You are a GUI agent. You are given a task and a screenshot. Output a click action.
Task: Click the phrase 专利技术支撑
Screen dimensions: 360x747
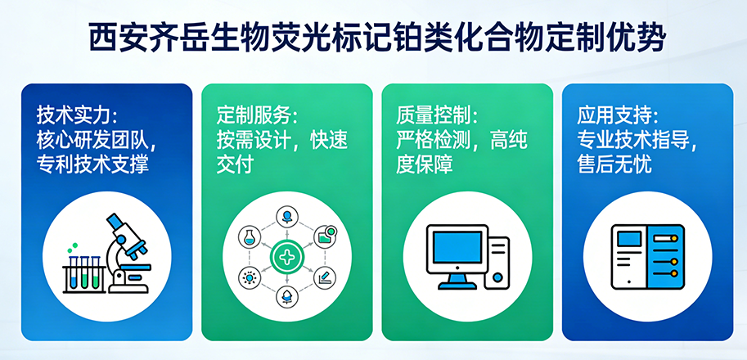point(92,164)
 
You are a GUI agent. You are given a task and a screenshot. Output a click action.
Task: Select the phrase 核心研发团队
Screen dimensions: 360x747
point(92,138)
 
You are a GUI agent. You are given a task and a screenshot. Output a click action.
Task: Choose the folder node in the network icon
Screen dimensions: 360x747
point(327,236)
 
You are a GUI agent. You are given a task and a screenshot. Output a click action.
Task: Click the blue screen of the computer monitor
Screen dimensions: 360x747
point(458,249)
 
